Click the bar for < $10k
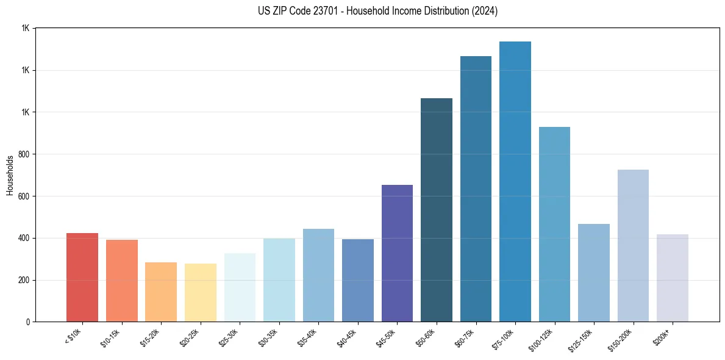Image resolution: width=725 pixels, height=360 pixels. click(82, 278)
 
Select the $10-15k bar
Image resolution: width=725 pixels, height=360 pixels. click(121, 281)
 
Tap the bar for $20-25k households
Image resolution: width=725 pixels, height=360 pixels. click(200, 293)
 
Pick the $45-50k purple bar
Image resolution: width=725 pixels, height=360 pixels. click(397, 253)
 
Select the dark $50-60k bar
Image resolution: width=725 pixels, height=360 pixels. click(437, 210)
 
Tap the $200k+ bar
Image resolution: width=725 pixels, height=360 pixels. click(673, 278)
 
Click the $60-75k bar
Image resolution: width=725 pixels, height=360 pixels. click(476, 189)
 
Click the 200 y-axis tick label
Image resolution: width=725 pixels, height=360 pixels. click(23, 280)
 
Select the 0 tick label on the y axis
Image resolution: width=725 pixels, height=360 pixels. click(28, 322)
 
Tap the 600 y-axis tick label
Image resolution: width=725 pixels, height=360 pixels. click(23, 196)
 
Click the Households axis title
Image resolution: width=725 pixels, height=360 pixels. click(10, 175)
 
